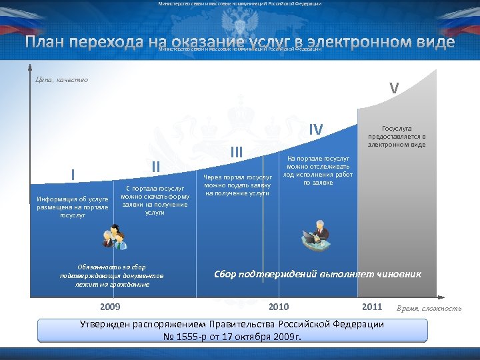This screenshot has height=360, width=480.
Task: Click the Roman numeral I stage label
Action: point(73,175)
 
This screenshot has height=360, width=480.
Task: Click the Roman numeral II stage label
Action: point(155,166)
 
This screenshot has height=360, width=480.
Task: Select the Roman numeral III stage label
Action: point(236,152)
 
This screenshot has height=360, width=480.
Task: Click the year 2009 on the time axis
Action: point(110,307)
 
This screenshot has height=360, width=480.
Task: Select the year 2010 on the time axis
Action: point(279,307)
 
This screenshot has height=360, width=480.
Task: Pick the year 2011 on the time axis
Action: point(371,307)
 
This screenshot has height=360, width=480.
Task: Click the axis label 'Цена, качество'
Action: point(61,80)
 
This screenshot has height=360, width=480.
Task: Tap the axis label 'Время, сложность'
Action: point(429,308)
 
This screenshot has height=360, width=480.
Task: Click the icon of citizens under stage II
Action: point(114,237)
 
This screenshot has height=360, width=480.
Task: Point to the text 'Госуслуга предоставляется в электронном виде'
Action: point(397,135)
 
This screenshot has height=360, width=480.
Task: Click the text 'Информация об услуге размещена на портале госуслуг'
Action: point(73,207)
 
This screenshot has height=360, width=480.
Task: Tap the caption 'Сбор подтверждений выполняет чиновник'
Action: point(317,274)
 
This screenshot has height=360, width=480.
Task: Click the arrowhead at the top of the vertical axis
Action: point(30,67)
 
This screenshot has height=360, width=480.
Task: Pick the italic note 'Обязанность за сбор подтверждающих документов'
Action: point(111,271)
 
